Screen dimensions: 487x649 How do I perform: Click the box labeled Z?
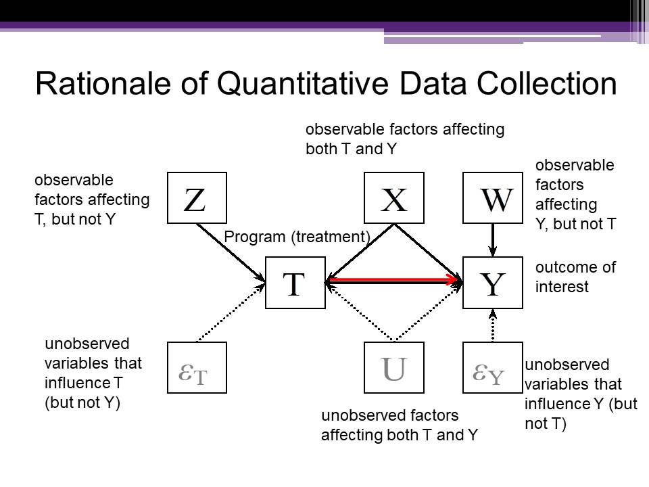197,198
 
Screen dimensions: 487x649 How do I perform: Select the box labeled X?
394,198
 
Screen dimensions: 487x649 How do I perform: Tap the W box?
493,198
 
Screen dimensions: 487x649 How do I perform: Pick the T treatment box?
295,283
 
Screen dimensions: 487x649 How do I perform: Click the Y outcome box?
493,283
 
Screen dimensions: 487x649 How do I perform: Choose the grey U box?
394,368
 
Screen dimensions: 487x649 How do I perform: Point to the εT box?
197,368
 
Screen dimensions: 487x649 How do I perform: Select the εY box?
493,368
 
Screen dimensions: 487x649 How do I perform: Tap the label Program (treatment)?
297,237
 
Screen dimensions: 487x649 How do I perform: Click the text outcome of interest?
575,277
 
